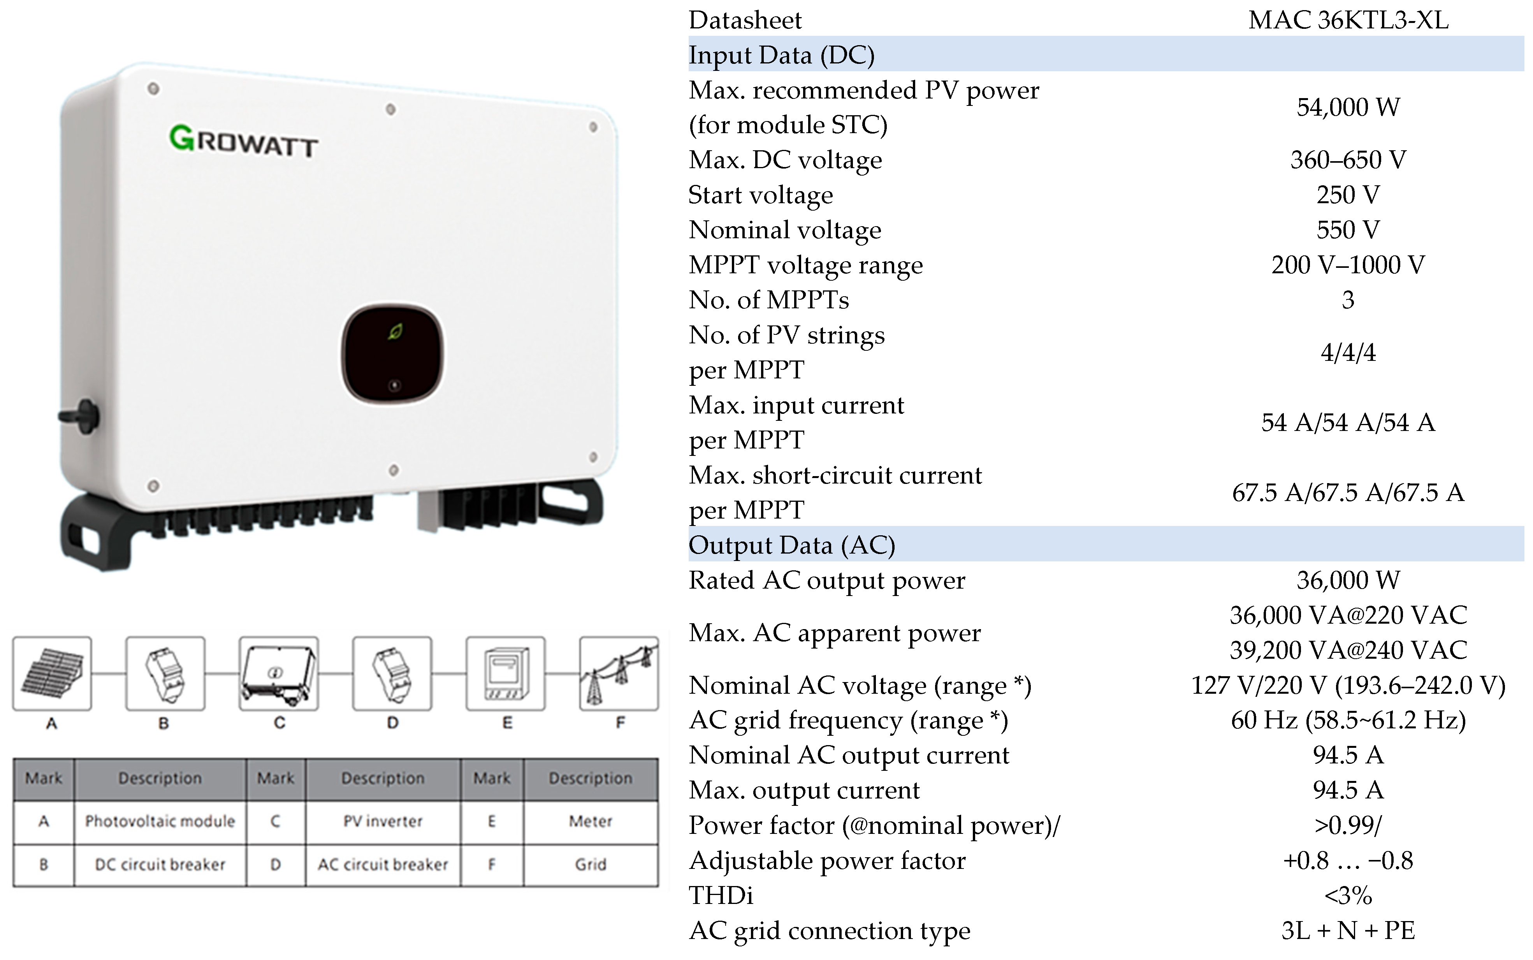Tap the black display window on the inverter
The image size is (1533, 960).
pos(392,353)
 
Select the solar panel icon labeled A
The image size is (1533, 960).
pos(52,673)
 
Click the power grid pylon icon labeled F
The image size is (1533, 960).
pos(619,673)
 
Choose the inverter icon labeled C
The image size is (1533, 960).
pos(279,673)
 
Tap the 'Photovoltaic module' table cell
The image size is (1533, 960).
pos(160,821)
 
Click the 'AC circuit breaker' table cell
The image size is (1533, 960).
pos(383,865)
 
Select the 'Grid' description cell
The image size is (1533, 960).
pos(590,865)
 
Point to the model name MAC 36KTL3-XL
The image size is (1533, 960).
pos(1348,20)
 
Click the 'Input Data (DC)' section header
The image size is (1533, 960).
pos(781,55)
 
